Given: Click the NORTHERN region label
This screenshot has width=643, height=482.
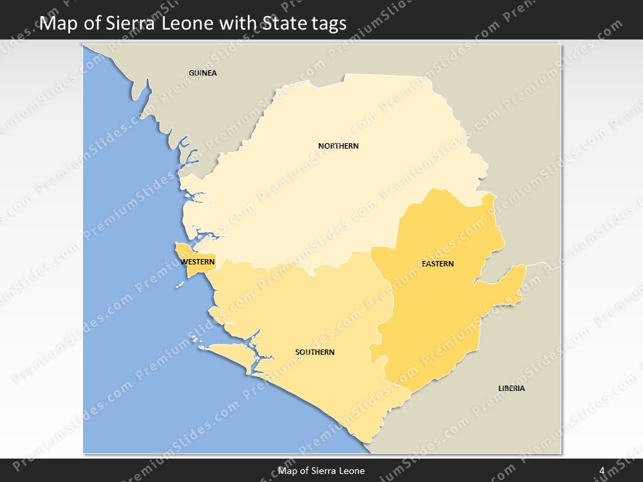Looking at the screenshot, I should (338, 146).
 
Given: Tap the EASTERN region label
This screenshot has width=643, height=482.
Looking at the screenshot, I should (437, 264).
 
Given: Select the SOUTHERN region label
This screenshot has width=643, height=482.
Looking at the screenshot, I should (315, 352).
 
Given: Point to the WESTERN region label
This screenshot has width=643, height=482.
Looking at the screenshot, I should (198, 262).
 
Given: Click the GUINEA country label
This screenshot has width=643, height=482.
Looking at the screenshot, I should (203, 73).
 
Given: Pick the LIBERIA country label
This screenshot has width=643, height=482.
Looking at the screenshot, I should (512, 388).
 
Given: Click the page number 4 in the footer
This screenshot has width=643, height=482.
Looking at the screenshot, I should (602, 471).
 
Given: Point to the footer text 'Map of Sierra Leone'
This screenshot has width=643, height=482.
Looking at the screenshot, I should (321, 471).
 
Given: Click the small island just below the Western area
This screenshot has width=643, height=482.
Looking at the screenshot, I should (180, 285).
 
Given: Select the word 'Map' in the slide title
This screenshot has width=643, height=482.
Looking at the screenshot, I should (57, 23).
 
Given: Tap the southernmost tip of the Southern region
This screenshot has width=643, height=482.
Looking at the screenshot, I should (365, 441).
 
